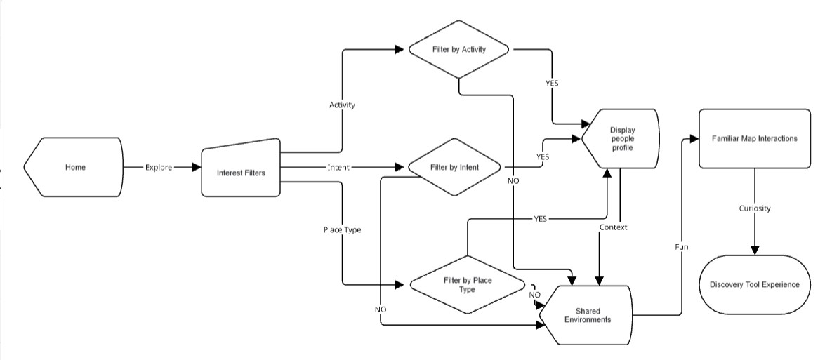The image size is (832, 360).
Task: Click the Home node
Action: point(74,168)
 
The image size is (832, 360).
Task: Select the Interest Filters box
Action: point(241,173)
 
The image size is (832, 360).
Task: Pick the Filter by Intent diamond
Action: point(455,168)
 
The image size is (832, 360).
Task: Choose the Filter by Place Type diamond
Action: point(467,285)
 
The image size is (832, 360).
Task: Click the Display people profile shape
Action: point(621,139)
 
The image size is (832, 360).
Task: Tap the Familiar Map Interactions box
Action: point(754,138)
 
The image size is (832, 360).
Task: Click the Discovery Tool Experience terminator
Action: point(754,285)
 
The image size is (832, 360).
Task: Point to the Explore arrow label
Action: point(158,168)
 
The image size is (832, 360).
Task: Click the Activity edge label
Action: point(342,105)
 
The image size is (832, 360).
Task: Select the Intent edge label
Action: point(338,168)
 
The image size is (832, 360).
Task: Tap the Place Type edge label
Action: point(342,230)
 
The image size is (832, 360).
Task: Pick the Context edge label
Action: point(613,227)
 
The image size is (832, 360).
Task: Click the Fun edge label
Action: point(681,247)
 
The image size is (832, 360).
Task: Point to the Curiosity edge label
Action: point(754,208)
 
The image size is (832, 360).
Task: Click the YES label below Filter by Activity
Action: point(552,84)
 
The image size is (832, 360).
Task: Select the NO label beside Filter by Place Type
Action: point(534,295)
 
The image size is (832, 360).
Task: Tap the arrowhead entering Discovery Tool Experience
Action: point(755,250)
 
